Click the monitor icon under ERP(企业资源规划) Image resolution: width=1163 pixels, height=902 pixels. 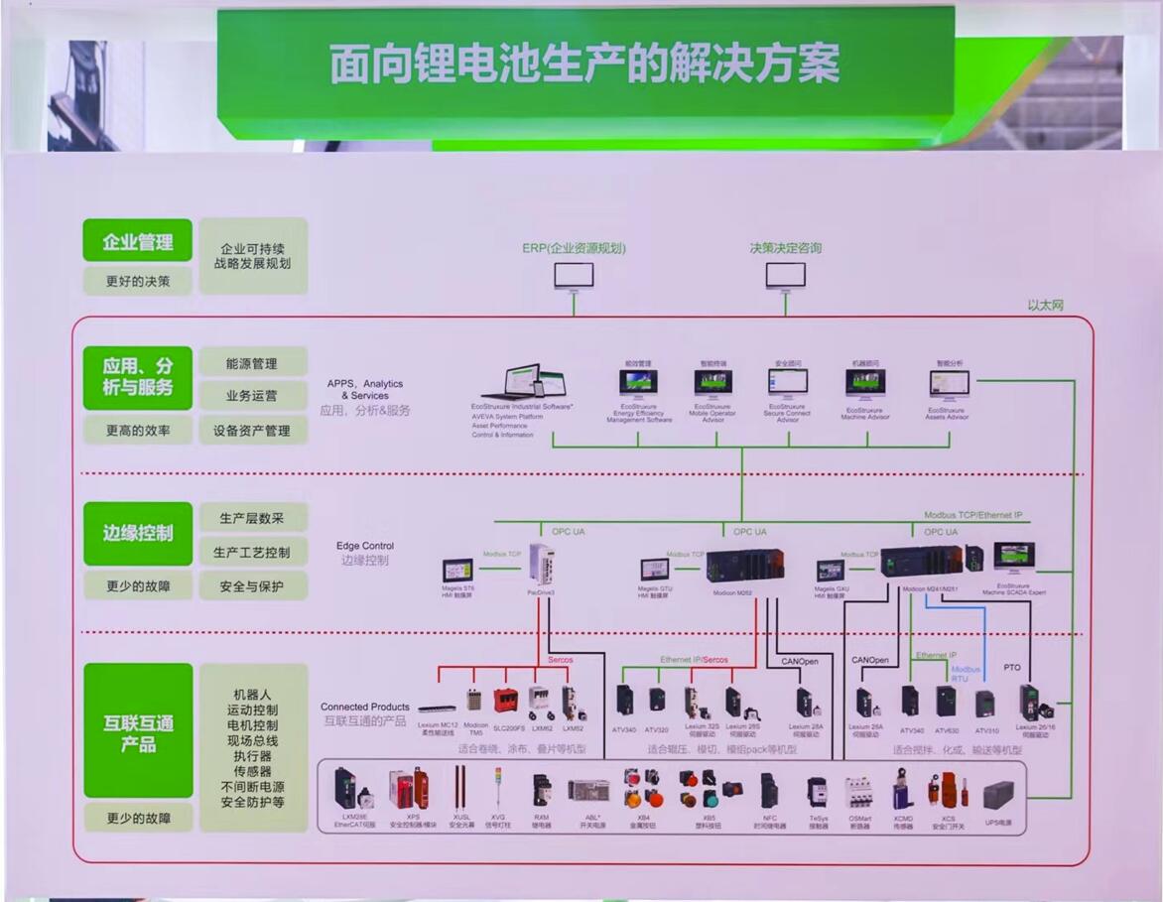[574, 276]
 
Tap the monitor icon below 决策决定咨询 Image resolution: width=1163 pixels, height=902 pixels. [785, 276]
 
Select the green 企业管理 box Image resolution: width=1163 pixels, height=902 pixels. [138, 241]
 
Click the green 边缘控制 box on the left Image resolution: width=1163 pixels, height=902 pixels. [138, 533]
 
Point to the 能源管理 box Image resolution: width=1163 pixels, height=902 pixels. [251, 363]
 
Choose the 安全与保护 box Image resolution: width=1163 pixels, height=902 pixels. [251, 586]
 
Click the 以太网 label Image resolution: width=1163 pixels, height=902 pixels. [1045, 306]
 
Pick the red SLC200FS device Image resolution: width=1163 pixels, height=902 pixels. [507, 701]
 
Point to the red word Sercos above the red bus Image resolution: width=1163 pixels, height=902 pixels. [561, 660]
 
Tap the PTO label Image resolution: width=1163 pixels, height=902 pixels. [1012, 668]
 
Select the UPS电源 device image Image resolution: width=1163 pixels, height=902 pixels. [998, 796]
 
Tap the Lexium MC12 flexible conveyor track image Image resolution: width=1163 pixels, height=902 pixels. [437, 709]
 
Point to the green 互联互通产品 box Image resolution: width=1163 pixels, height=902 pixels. [138, 732]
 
